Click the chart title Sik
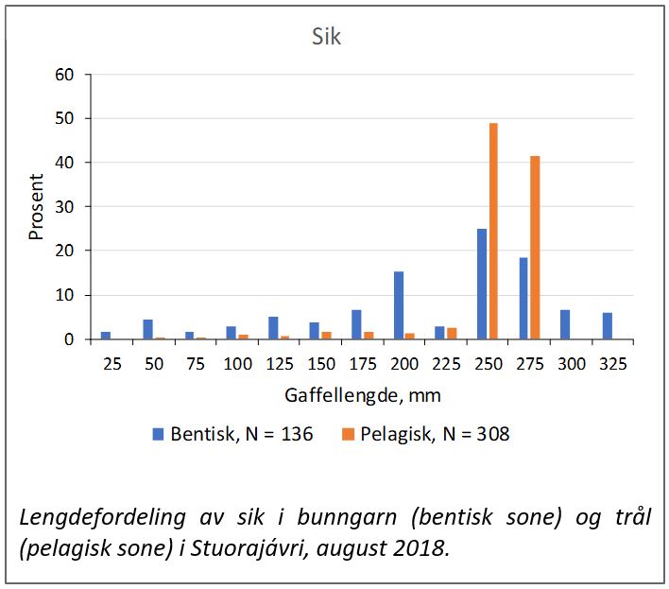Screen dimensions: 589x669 326,38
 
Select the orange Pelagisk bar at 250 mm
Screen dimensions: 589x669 493,231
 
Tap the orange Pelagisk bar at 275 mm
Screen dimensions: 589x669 535,247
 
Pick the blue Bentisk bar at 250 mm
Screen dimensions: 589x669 482,284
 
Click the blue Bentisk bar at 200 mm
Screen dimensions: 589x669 399,304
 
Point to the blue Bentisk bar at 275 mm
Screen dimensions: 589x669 523,298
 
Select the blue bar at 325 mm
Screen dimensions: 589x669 607,325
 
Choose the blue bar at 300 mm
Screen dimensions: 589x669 565,324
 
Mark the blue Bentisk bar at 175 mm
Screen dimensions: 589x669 357,324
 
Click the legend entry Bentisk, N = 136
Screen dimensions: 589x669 232,434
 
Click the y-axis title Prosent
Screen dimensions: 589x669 37,206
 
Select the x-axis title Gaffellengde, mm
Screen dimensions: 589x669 363,394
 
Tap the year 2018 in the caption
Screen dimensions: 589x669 425,549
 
